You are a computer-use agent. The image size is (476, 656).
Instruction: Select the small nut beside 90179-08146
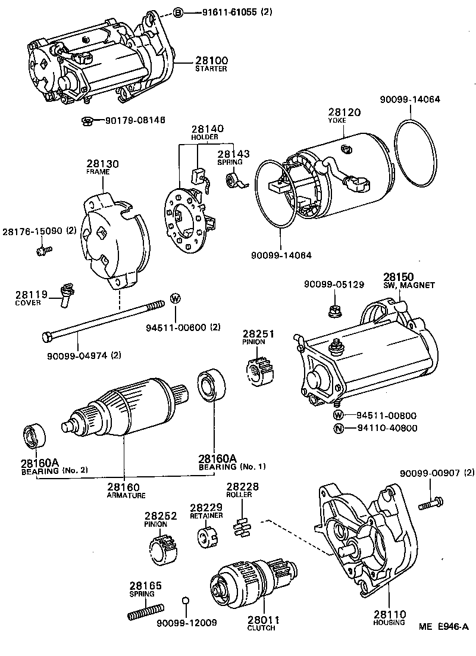pos(86,121)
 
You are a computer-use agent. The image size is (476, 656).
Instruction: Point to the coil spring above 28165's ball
pos(146,611)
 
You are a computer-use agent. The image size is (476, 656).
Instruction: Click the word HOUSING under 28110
pos(390,622)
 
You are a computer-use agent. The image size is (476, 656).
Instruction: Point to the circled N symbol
pos(338,428)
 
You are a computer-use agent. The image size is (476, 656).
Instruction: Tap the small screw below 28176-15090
pos(42,251)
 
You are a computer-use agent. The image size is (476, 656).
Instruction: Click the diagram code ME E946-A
pos(443,626)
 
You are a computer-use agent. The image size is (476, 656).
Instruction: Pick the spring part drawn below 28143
pos(234,181)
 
